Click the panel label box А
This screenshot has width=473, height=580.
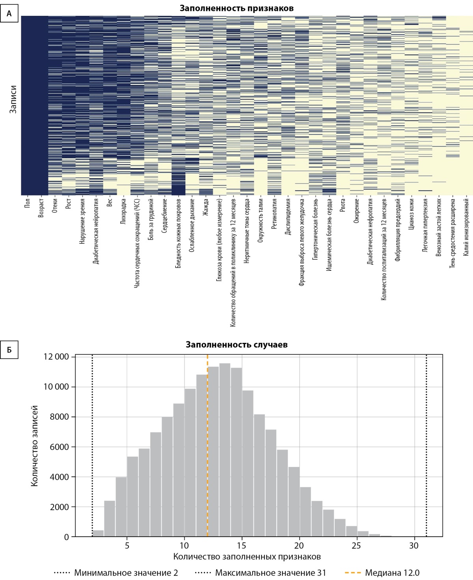(x=9, y=14)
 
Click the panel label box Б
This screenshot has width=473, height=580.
(x=9, y=350)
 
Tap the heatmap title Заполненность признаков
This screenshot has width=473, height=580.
(x=236, y=8)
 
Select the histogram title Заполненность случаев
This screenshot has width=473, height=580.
(x=236, y=345)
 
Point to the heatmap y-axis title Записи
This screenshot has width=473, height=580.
(x=13, y=99)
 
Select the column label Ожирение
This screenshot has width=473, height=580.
(x=356, y=211)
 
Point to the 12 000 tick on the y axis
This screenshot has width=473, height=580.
(x=56, y=357)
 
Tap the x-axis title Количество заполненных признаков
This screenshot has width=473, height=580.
(x=247, y=557)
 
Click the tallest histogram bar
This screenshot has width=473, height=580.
(x=225, y=449)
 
